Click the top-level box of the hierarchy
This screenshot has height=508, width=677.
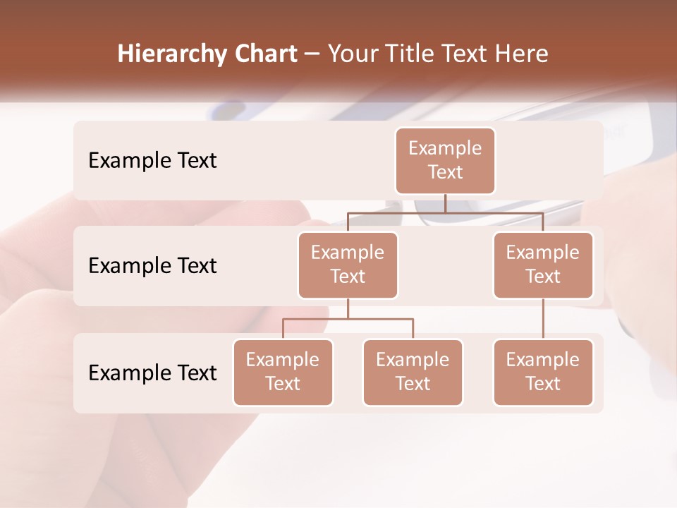pyautogui.click(x=445, y=160)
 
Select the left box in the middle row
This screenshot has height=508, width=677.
pyautogui.click(x=348, y=265)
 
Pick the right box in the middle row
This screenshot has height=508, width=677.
pyautogui.click(x=543, y=265)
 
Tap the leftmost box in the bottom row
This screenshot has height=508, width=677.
pyautogui.click(x=283, y=372)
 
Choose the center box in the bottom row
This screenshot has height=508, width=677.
pyautogui.click(x=413, y=372)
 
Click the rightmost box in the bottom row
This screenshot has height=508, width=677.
pyautogui.click(x=543, y=372)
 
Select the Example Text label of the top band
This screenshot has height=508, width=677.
pyautogui.click(x=152, y=161)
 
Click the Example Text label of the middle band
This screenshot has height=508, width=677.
pyautogui.click(x=152, y=266)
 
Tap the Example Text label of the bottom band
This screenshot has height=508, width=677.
pyautogui.click(x=152, y=373)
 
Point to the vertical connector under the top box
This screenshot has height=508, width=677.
pyautogui.click(x=445, y=203)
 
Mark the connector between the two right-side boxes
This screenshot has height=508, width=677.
pyautogui.click(x=543, y=319)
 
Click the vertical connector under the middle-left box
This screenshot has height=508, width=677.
pyautogui.click(x=348, y=308)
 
